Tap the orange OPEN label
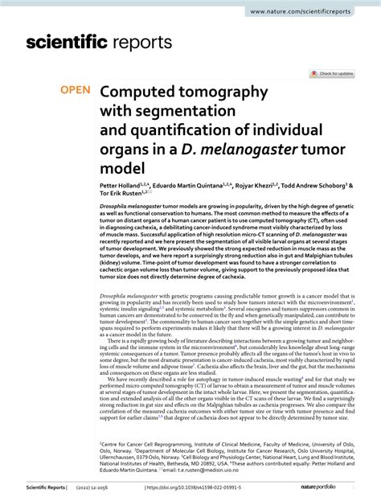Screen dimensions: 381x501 pyautogui.click(x=76, y=92)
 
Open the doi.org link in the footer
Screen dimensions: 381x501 pyautogui.click(x=190, y=488)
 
